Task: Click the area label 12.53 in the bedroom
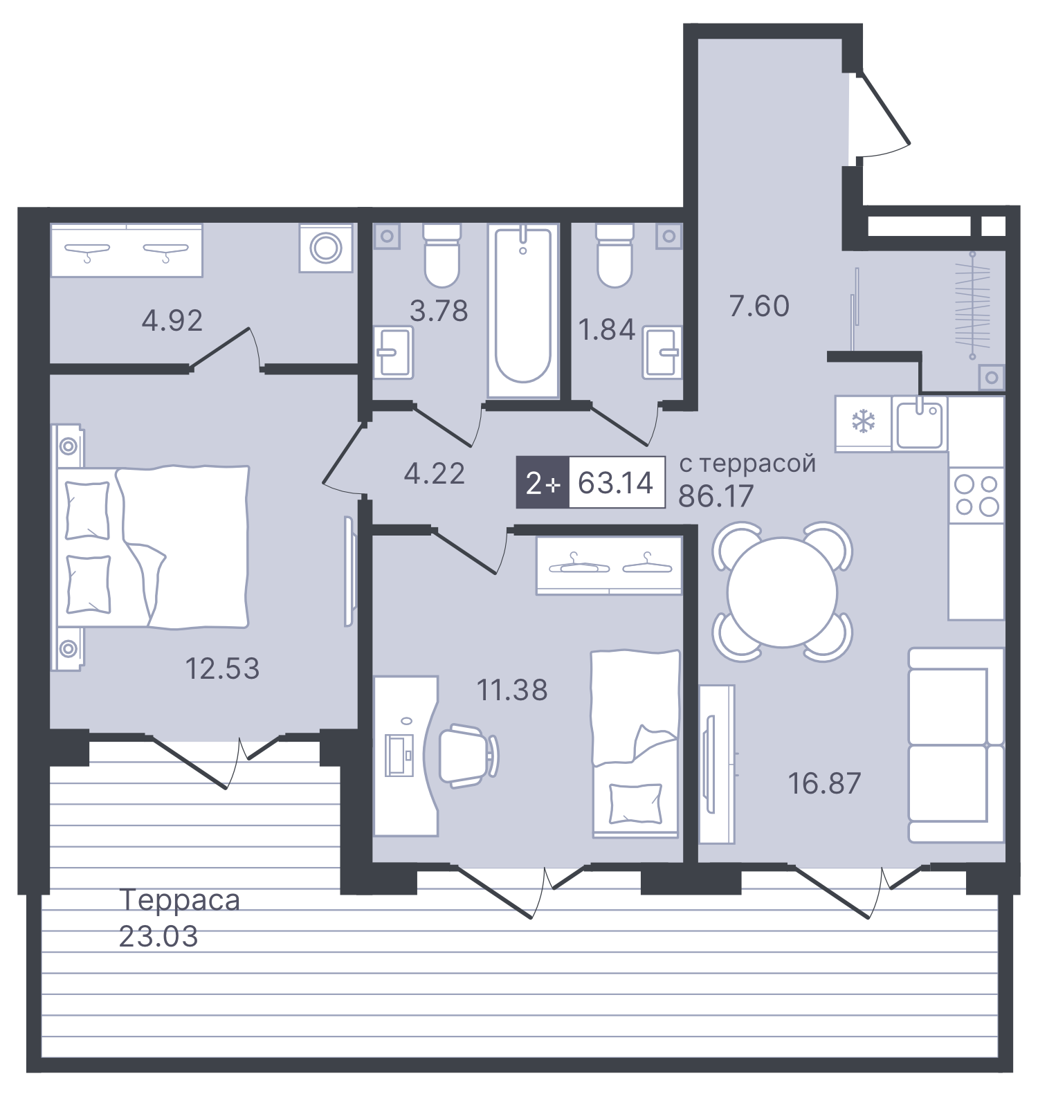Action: [222, 668]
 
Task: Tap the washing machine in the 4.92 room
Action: [326, 248]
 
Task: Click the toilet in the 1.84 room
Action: [614, 256]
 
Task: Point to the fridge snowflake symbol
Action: [863, 421]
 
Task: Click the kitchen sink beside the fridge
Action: [919, 423]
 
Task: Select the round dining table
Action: [782, 592]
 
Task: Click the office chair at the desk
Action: [468, 755]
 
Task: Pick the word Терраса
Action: [180, 900]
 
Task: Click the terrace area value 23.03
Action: [158, 937]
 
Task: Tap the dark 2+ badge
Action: [543, 483]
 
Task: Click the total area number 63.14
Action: [615, 483]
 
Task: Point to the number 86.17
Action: [716, 496]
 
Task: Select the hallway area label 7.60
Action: [759, 306]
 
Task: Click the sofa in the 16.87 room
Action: [955, 745]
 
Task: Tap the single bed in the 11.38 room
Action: [635, 744]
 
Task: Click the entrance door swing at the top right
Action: [882, 114]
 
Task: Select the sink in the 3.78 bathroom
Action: [394, 352]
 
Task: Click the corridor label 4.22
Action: [434, 474]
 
